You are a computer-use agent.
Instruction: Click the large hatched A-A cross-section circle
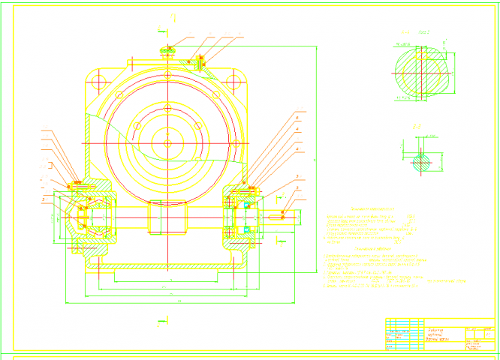click(x=420, y=73)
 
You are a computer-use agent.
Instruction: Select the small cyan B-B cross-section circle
click(x=421, y=160)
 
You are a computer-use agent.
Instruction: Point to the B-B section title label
click(x=417, y=127)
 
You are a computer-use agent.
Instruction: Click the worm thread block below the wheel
click(x=167, y=217)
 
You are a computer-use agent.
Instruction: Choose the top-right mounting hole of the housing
click(x=239, y=80)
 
